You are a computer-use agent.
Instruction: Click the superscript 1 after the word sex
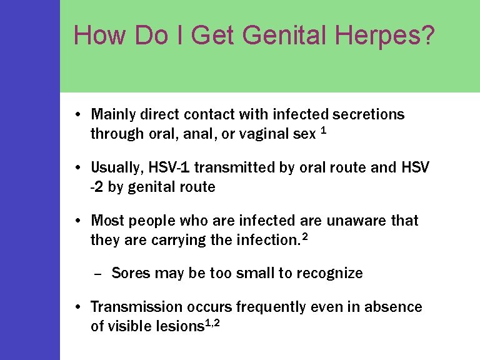pos(322,131)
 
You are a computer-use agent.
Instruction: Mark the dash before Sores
pos(97,274)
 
